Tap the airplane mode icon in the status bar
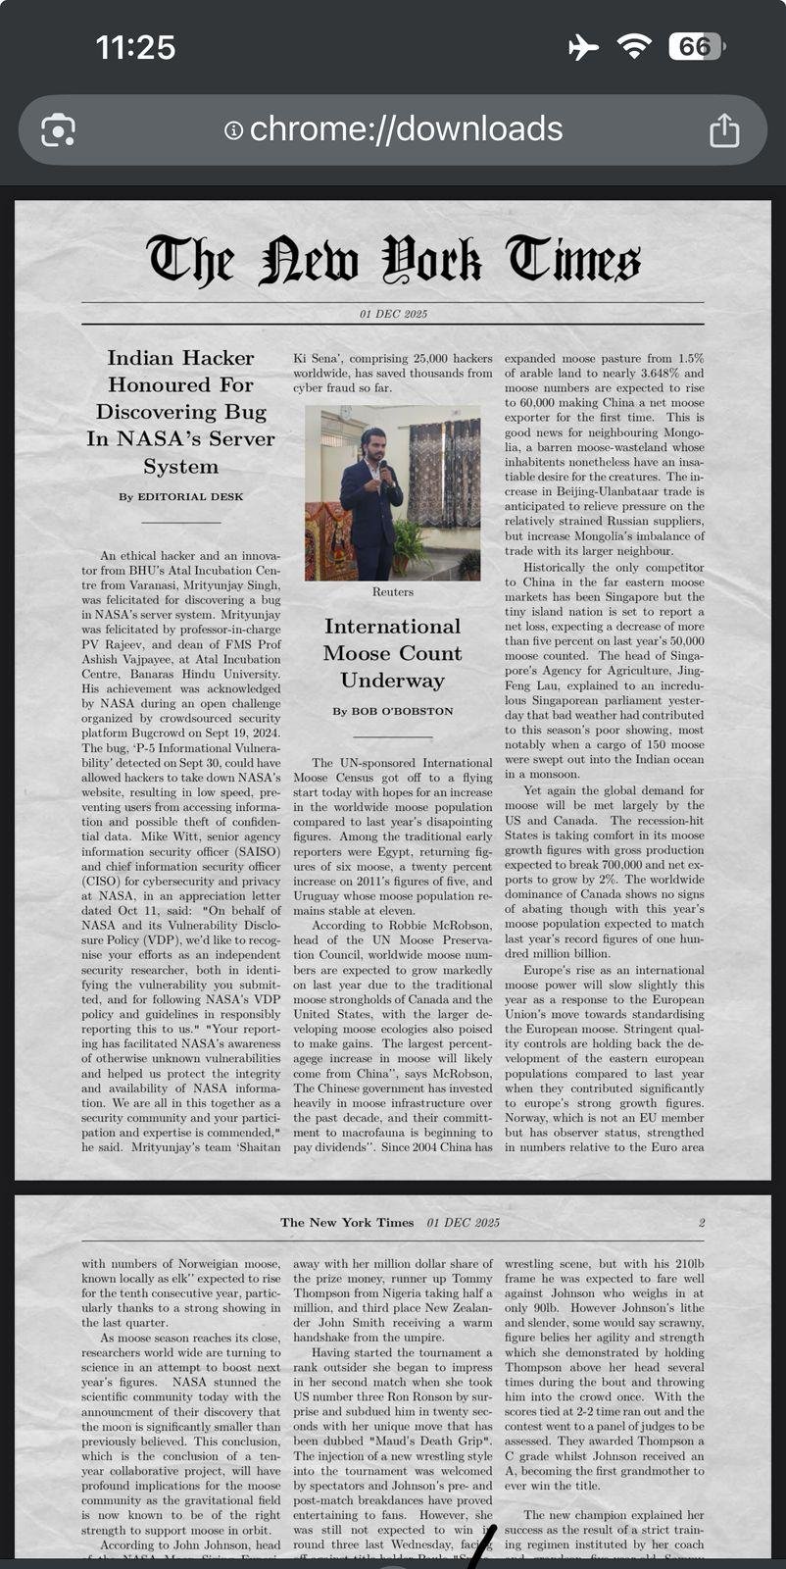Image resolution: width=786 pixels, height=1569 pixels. coord(583,47)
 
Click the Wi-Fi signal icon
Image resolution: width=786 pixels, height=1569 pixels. coord(634,46)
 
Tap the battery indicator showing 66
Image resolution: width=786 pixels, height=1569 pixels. coord(695,47)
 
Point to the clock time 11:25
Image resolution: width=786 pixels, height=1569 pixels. coord(135,47)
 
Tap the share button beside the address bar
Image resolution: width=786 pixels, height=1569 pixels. coord(724,129)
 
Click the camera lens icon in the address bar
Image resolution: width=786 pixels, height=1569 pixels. coord(58,130)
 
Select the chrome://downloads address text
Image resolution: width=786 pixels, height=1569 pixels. coord(406,129)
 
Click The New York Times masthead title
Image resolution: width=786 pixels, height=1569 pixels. coord(393,262)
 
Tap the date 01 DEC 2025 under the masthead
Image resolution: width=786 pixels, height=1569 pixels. coord(393,314)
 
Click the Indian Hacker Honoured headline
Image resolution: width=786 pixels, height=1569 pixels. coord(181,412)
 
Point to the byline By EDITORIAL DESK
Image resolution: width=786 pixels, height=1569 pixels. coord(181,497)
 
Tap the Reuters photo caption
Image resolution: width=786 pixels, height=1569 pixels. coord(393,592)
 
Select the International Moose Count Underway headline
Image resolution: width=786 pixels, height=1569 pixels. coord(393,653)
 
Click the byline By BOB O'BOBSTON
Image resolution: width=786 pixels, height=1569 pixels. coord(393,711)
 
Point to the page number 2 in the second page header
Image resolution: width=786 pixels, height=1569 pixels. coord(702,1223)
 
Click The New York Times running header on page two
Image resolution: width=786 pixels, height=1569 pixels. coord(347,1223)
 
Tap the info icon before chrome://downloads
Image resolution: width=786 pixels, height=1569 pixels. coord(233,130)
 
